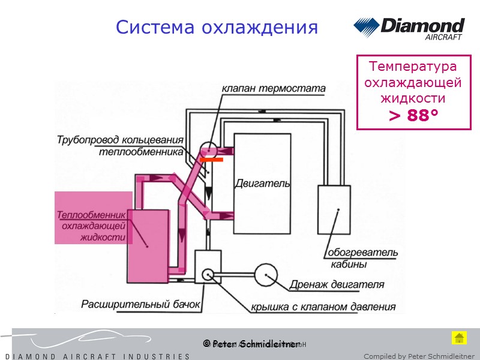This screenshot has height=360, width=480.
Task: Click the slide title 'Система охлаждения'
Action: coord(217,27)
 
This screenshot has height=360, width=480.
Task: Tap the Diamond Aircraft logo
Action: coord(409,29)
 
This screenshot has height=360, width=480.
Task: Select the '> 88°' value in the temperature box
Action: coord(413,115)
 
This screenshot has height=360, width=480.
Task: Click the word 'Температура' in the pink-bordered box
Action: coord(413,66)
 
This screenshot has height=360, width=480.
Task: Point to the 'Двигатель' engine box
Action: coord(262,183)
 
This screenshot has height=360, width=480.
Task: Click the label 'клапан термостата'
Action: coord(274,89)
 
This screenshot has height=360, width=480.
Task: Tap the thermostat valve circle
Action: coord(208,150)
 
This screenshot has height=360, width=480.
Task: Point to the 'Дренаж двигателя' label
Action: coord(337,284)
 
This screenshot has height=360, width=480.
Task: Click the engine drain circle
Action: coord(265,275)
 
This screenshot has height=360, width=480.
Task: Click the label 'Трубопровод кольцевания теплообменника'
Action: coord(120,146)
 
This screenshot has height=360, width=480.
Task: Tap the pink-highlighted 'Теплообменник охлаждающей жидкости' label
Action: coord(92,226)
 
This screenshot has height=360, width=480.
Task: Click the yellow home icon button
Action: coord(459,337)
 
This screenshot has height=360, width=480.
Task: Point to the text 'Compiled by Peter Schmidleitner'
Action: coord(419,356)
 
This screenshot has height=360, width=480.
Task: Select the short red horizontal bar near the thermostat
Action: coord(211,161)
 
